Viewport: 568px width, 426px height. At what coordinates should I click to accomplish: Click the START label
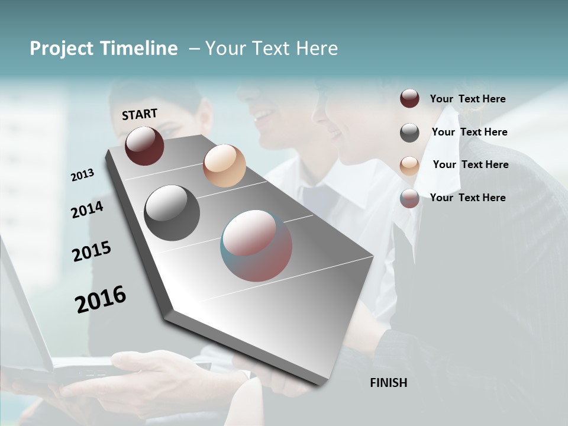click(x=140, y=114)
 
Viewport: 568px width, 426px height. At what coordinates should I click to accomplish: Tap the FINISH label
click(x=388, y=383)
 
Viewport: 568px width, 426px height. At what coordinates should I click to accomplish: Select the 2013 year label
click(x=83, y=175)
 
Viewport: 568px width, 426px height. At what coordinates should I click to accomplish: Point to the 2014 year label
click(x=88, y=209)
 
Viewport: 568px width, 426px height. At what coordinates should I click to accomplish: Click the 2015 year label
click(x=92, y=251)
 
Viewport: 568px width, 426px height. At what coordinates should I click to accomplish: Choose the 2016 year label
click(x=101, y=298)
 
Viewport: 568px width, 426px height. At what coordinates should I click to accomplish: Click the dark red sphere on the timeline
click(x=144, y=146)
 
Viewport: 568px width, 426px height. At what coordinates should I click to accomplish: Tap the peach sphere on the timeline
click(x=224, y=166)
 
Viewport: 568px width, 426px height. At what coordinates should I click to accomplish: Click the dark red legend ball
click(x=409, y=99)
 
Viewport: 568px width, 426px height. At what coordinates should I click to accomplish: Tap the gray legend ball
click(x=409, y=133)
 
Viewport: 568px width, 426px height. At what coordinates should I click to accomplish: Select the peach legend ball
click(x=409, y=166)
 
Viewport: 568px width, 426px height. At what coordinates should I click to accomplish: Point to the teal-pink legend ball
click(x=409, y=198)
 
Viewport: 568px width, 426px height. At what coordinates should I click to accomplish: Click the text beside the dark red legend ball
click(x=467, y=99)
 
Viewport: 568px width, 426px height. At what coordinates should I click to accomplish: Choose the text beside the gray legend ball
click(x=469, y=132)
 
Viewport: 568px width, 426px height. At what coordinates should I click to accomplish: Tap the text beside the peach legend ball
click(x=470, y=164)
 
